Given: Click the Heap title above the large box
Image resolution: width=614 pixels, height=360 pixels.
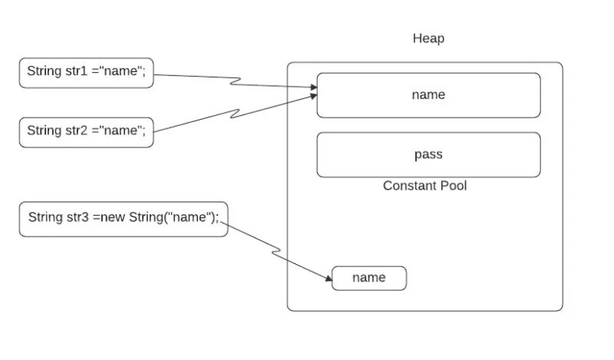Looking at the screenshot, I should (428, 38).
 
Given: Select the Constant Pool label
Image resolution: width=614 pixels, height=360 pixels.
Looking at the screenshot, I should (424, 186).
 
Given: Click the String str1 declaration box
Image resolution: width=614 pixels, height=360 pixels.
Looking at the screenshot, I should (86, 72).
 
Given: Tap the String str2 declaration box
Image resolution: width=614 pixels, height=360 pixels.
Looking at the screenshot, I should (86, 130).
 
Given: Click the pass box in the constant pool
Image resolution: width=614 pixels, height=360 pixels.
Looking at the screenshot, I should (428, 154).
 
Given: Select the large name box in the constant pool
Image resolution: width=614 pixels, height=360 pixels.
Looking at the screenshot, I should (428, 95).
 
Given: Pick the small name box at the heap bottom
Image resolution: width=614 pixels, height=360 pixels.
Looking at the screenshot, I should (368, 278).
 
